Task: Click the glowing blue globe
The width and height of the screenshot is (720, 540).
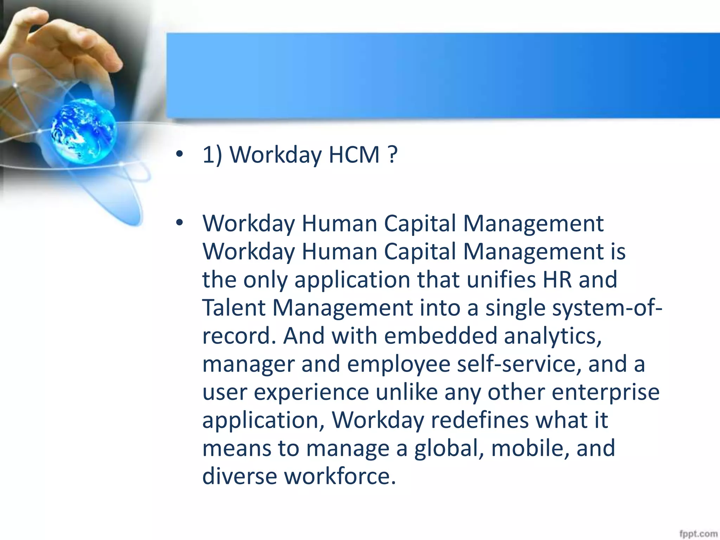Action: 83,131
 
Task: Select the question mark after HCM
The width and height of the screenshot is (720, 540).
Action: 393,155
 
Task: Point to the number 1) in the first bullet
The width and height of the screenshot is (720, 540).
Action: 212,155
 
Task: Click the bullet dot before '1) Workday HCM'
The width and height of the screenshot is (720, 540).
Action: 180,154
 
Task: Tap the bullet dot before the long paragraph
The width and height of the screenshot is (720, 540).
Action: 180,222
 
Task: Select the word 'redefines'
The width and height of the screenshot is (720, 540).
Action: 480,420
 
